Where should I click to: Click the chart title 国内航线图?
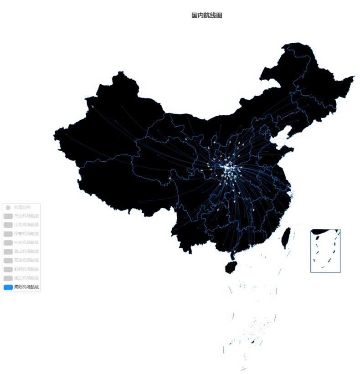point(206,15)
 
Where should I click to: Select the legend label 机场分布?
point(22,207)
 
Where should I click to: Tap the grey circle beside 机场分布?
point(8,207)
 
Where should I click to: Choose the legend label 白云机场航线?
point(26,216)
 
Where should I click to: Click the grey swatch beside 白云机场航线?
point(8,216)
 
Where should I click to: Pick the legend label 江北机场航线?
point(26,225)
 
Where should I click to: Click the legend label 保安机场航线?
point(26,234)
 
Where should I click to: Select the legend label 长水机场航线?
point(26,243)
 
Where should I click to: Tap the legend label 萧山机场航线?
point(26,251)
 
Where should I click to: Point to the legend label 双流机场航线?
point(26,261)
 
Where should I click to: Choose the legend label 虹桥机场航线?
point(26,269)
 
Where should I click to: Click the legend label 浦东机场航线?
point(26,278)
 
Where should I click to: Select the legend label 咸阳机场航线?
point(26,287)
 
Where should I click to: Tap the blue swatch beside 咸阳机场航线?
point(8,287)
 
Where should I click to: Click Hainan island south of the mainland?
point(231,267)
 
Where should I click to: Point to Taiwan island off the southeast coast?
point(286,238)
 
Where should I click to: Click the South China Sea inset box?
point(325,251)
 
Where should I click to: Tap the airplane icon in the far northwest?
point(93,107)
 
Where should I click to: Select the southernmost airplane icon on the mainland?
point(235,251)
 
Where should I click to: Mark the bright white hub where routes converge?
point(227,168)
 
